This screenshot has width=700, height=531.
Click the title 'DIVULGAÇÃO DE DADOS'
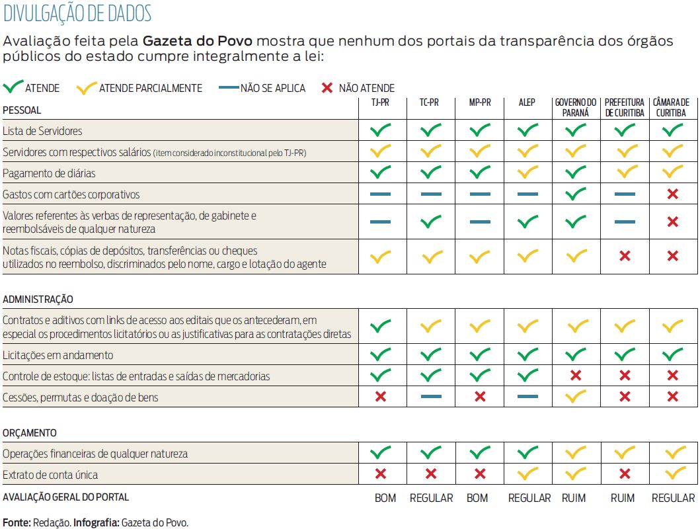pyautogui.click(x=77, y=13)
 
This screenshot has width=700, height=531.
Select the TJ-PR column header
pyautogui.click(x=380, y=102)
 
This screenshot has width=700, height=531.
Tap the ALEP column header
pyautogui.click(x=527, y=102)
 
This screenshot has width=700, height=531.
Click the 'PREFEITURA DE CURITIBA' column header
pyautogui.click(x=624, y=107)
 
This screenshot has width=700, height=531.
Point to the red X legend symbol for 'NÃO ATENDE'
pyautogui.click(x=326, y=88)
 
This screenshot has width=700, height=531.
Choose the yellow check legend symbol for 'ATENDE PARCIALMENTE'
pyautogui.click(x=87, y=87)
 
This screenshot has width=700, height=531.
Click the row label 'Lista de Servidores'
pyautogui.click(x=42, y=131)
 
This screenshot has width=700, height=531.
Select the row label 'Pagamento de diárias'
pyautogui.click(x=48, y=173)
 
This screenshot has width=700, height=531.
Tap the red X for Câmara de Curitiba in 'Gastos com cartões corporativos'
pyautogui.click(x=673, y=194)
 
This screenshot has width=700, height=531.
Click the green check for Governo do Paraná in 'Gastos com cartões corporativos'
pyautogui.click(x=576, y=194)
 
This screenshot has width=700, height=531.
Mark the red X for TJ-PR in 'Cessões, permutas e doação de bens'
pyautogui.click(x=380, y=397)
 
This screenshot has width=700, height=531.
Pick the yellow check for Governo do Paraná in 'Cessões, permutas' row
pyautogui.click(x=576, y=397)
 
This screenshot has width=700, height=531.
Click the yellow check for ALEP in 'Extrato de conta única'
pyautogui.click(x=527, y=474)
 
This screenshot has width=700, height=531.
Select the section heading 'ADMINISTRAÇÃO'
pyautogui.click(x=38, y=300)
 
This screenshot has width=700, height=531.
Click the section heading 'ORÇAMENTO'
pyautogui.click(x=29, y=433)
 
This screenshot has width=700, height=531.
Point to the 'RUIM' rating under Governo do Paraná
pyautogui.click(x=573, y=498)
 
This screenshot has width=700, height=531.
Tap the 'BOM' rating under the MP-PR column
pyautogui.click(x=477, y=498)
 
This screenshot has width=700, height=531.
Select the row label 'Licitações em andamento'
pyautogui.click(x=58, y=355)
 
